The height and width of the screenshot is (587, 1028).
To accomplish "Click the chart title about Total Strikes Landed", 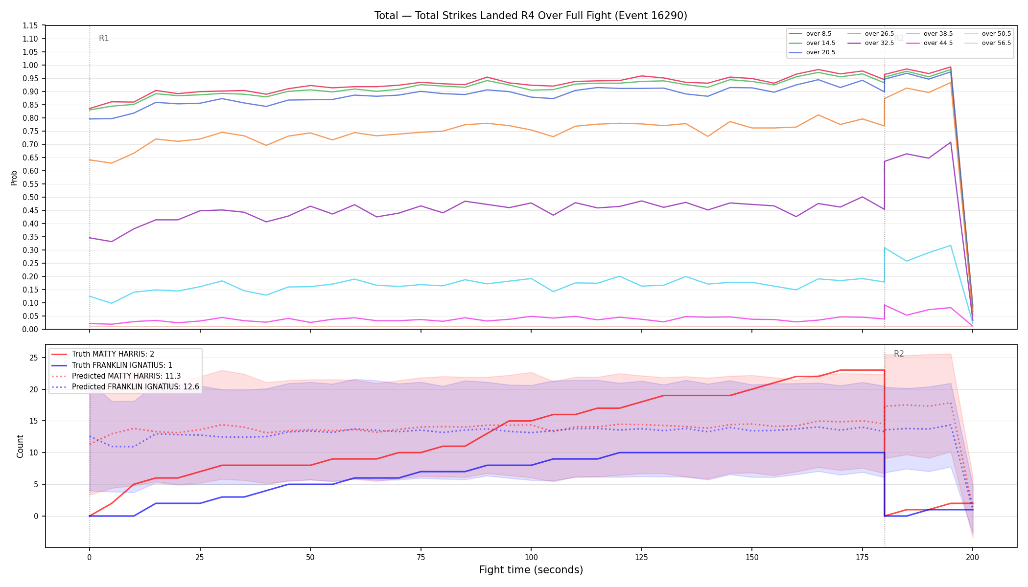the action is [x=531, y=16].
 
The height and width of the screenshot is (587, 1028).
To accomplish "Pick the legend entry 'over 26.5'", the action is [x=871, y=34].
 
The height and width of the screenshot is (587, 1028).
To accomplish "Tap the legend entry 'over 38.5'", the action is [x=930, y=34].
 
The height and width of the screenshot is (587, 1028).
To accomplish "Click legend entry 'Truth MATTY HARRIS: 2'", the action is [x=103, y=354].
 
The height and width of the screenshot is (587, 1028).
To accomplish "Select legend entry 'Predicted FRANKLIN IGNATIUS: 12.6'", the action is [x=125, y=387].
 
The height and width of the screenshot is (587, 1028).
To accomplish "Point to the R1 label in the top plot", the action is [x=104, y=38].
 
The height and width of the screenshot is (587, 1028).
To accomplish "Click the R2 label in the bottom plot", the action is [x=899, y=354].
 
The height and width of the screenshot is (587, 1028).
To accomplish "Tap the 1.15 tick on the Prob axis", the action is [x=30, y=25].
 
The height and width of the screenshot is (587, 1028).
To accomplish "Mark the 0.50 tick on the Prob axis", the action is [x=30, y=197].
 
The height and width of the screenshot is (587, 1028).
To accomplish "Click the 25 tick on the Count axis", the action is [x=33, y=358].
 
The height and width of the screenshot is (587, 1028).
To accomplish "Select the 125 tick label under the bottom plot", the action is [x=641, y=557].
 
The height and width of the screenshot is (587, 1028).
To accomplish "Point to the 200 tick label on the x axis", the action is [x=973, y=557].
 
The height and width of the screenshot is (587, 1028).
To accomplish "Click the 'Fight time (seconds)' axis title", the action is [x=531, y=570].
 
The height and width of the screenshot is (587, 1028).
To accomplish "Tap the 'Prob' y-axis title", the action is [x=14, y=178].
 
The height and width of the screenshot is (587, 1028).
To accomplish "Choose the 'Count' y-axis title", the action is [x=20, y=446].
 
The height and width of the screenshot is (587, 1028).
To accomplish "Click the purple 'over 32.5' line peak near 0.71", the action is [x=951, y=142].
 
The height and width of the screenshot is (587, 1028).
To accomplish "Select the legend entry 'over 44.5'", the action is [x=930, y=43].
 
